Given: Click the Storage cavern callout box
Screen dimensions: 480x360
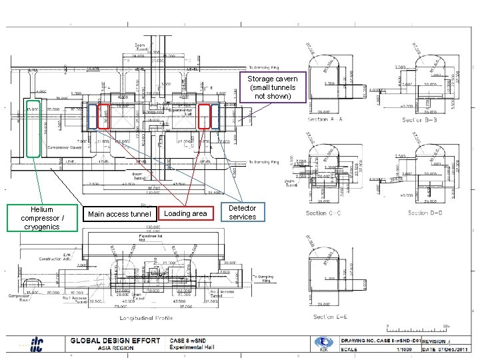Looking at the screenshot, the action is pyautogui.click(x=274, y=87).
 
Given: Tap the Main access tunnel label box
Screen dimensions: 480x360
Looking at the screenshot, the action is pyautogui.click(x=119, y=214).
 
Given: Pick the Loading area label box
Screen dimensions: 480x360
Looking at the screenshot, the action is pyautogui.click(x=185, y=213).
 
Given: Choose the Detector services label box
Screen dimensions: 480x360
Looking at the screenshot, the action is pyautogui.click(x=242, y=213).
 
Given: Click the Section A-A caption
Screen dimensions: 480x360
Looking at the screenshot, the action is pyautogui.click(x=326, y=119).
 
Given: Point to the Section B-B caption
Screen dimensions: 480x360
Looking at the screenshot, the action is pyautogui.click(x=420, y=120).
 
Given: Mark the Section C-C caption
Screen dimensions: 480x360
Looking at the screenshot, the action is pyautogui.click(x=323, y=213).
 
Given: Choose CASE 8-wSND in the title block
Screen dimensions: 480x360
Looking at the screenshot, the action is pyautogui.click(x=191, y=341).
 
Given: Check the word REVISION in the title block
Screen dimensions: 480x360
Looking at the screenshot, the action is pyautogui.click(x=434, y=341).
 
